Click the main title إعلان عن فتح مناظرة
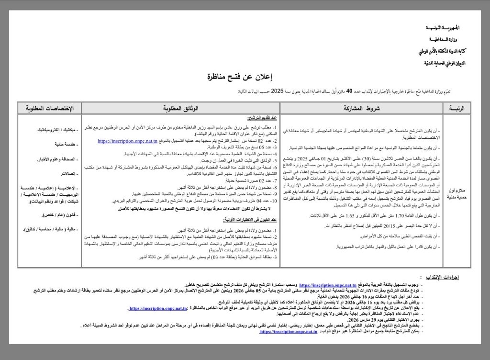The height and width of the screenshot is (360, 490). point(245,77)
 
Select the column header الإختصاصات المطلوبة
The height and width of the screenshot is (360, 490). point(49,109)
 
